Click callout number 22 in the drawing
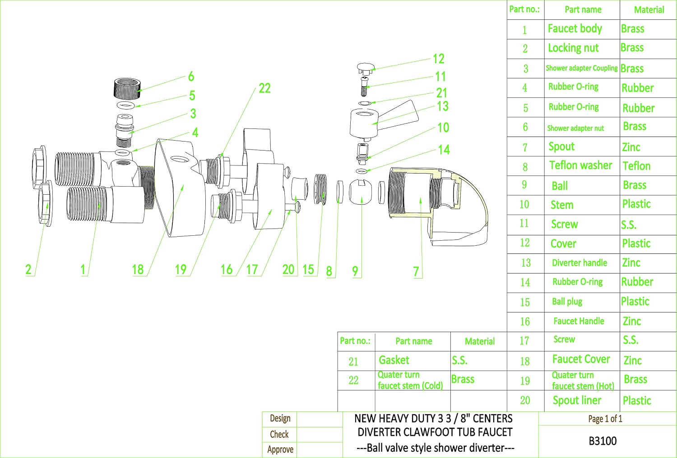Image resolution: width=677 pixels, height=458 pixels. coord(264,88)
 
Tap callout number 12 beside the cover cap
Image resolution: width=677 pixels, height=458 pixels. coord(439,59)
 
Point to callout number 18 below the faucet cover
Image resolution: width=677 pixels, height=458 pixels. coord(138,269)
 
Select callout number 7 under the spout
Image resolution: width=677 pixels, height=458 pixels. coord(416,271)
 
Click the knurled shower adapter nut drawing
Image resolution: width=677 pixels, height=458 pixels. coord(127,88)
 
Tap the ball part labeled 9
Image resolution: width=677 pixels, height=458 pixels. coord(360,192)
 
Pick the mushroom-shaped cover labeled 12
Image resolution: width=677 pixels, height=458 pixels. coord(366,68)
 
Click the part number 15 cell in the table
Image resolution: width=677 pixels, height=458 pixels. coord(525,302)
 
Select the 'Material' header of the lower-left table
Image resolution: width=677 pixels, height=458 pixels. coord(480,341)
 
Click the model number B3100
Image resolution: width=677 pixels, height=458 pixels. coord(603,441)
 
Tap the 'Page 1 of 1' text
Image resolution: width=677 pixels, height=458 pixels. coord(605,419)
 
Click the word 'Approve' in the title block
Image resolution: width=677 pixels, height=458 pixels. coord(280,449)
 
